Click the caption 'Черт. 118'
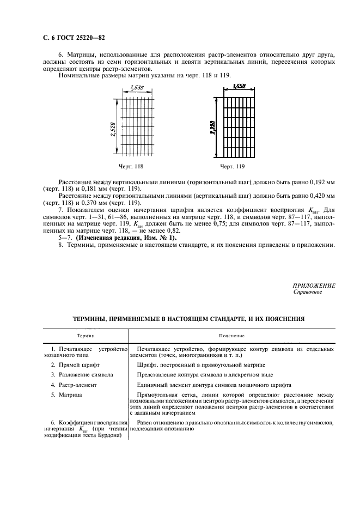pos(131,166)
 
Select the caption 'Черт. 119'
pos(232,166)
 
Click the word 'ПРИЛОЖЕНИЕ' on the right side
pos(314,286)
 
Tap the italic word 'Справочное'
pos(308,292)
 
